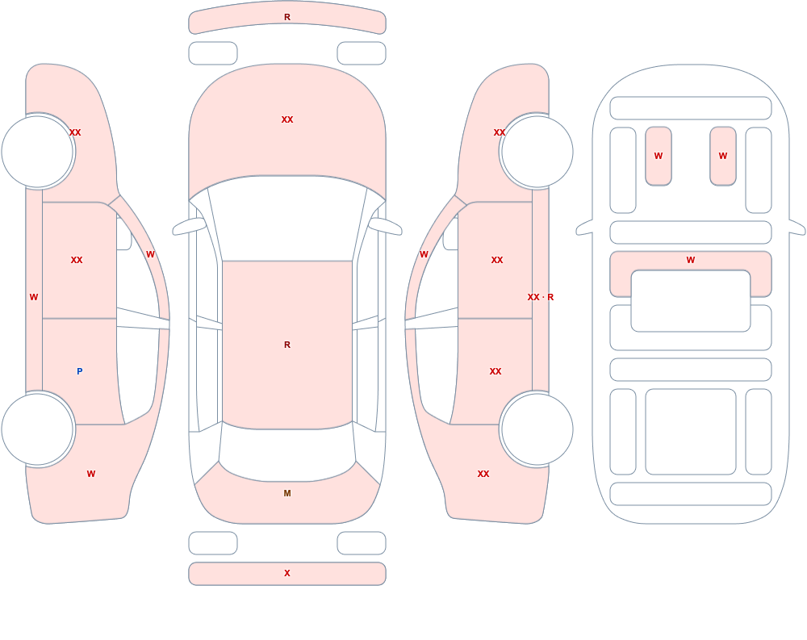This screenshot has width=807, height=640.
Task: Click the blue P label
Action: pyautogui.click(x=79, y=371)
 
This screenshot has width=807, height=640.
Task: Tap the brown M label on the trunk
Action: pyautogui.click(x=287, y=493)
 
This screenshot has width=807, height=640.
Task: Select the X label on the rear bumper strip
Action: pyautogui.click(x=287, y=573)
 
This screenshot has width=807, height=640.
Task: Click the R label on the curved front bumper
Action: pyautogui.click(x=287, y=17)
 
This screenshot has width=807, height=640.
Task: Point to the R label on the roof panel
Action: pyautogui.click(x=287, y=345)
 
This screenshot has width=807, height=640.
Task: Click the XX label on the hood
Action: pyautogui.click(x=287, y=119)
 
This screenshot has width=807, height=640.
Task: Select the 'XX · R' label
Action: pyautogui.click(x=541, y=297)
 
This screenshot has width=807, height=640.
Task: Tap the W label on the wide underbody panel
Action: pyautogui.click(x=691, y=260)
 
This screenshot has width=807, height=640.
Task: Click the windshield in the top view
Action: pyautogui.click(x=287, y=219)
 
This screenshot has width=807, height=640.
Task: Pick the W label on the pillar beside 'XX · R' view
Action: pyautogui.click(x=424, y=254)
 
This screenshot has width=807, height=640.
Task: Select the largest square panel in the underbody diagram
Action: pyautogui.click(x=691, y=432)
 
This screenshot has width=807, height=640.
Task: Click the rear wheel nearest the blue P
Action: pyautogui.click(x=38, y=429)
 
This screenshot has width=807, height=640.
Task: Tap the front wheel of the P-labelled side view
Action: pyautogui.click(x=38, y=152)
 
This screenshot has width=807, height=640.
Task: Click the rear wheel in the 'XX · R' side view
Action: pyautogui.click(x=537, y=429)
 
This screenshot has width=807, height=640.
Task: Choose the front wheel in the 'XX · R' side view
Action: pyautogui.click(x=537, y=152)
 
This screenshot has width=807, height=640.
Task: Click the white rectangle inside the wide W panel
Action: pyautogui.click(x=691, y=301)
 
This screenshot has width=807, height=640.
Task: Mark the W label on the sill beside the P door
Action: pyautogui.click(x=34, y=297)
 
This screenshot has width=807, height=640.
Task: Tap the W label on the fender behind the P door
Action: pyautogui.click(x=91, y=474)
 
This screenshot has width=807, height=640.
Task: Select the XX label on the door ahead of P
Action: pyautogui.click(x=77, y=260)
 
